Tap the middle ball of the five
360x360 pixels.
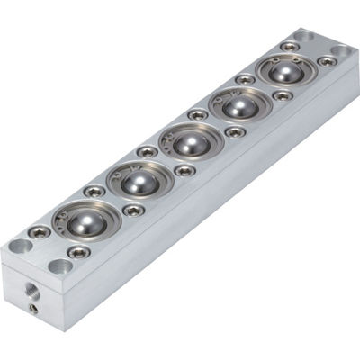click(x=188, y=143)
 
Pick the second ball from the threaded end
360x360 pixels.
click(x=139, y=182)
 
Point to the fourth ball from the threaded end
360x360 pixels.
click(x=237, y=106)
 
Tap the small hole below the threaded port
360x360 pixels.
click(x=33, y=308)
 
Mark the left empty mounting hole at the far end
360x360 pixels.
click(x=302, y=36)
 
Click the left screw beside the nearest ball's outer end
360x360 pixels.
click(x=40, y=232)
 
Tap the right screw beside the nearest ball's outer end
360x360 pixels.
click(x=79, y=252)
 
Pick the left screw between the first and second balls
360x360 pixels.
click(x=94, y=191)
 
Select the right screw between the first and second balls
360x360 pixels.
click(x=133, y=211)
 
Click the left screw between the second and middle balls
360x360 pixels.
click(x=146, y=152)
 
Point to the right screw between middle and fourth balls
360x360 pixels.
click(x=235, y=132)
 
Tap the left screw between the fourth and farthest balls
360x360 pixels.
click(x=246, y=79)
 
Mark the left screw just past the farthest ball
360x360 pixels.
click(x=289, y=46)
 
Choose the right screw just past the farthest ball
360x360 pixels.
click(x=327, y=62)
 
